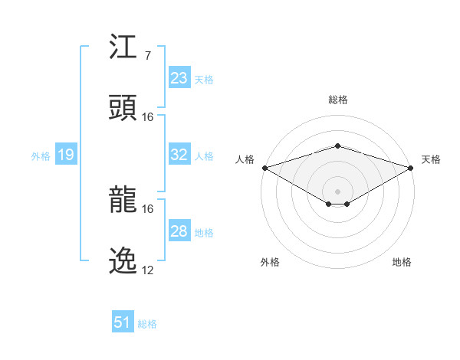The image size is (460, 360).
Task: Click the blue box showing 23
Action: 179,78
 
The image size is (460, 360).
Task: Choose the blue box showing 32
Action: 179,155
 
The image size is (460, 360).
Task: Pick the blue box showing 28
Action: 179,231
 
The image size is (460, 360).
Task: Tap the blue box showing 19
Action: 65,155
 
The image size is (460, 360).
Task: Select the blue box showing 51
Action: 123,322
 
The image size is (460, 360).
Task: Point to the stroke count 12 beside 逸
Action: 147,270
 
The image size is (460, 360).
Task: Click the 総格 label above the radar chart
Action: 337,100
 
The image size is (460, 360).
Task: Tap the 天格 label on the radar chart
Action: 431,159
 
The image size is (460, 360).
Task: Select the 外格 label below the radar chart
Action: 270,262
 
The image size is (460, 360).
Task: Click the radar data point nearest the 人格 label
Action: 264,168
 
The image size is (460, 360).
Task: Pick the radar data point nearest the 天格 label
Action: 411,168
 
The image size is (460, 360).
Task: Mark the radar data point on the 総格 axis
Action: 337,146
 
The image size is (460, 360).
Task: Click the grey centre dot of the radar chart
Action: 337,191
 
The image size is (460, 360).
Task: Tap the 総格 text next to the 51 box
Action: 147,323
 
